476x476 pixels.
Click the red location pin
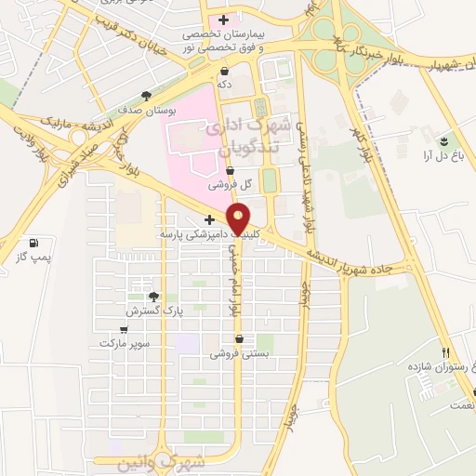pos(239,219)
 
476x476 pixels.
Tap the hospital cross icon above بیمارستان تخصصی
pos(223,19)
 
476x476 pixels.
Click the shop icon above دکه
pos(224,71)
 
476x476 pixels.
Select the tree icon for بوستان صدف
pos(147,95)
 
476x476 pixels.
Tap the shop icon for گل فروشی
pos(231,170)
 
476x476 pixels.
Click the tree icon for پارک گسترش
pos(153,297)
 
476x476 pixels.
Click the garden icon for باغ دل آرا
pos(443,140)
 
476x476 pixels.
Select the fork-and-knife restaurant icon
pos(446,353)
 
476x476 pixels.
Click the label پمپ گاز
pos(35,257)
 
